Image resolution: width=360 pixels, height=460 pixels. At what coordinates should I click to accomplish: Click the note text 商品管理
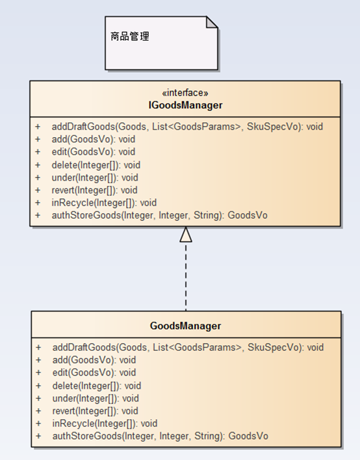tap(130, 36)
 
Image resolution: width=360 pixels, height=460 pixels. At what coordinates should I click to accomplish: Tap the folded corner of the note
tap(212, 22)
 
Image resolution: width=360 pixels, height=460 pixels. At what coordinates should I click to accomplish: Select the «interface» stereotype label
tap(185, 93)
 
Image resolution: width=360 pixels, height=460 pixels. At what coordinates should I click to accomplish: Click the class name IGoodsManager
tap(185, 105)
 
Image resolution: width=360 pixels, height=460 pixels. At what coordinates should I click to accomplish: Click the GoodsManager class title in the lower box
tap(185, 326)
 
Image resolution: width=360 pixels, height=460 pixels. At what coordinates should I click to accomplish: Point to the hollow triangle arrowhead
tap(186, 235)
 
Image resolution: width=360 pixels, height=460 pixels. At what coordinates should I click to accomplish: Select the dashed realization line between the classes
tap(186, 276)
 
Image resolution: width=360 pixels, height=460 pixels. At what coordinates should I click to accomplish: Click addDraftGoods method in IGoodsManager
tap(187, 127)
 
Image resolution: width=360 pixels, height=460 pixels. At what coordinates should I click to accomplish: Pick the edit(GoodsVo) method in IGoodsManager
tap(94, 152)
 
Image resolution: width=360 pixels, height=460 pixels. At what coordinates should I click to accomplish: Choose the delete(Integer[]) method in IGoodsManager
tap(96, 165)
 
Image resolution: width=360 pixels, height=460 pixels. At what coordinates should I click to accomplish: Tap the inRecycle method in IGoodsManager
tap(104, 203)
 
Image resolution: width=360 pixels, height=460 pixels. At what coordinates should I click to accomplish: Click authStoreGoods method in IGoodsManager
tap(160, 215)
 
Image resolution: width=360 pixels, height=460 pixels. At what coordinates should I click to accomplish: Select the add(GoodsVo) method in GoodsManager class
tap(94, 360)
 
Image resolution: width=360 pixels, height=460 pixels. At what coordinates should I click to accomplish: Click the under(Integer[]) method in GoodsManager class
tap(96, 398)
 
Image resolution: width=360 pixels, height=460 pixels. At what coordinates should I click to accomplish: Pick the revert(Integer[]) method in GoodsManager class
tap(95, 411)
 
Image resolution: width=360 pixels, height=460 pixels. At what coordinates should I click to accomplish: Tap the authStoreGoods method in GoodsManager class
tap(161, 436)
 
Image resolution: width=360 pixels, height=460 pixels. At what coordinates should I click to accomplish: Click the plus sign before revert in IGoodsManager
tap(38, 190)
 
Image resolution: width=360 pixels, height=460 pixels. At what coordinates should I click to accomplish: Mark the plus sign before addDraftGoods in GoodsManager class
tap(38, 348)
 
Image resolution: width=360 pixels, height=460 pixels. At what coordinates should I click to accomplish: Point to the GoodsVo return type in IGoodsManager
tap(248, 215)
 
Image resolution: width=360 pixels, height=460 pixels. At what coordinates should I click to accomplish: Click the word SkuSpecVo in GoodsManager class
tap(273, 348)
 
